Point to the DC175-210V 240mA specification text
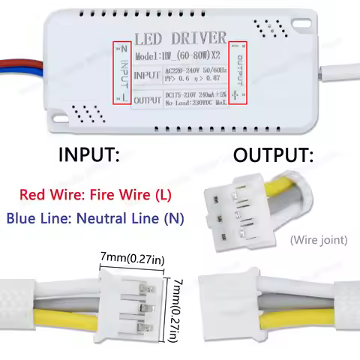[194, 96]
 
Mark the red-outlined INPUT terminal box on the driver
[124, 72]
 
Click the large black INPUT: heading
[89, 155]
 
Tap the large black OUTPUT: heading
[273, 155]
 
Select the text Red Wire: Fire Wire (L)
[95, 195]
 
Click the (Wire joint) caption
[317, 241]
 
